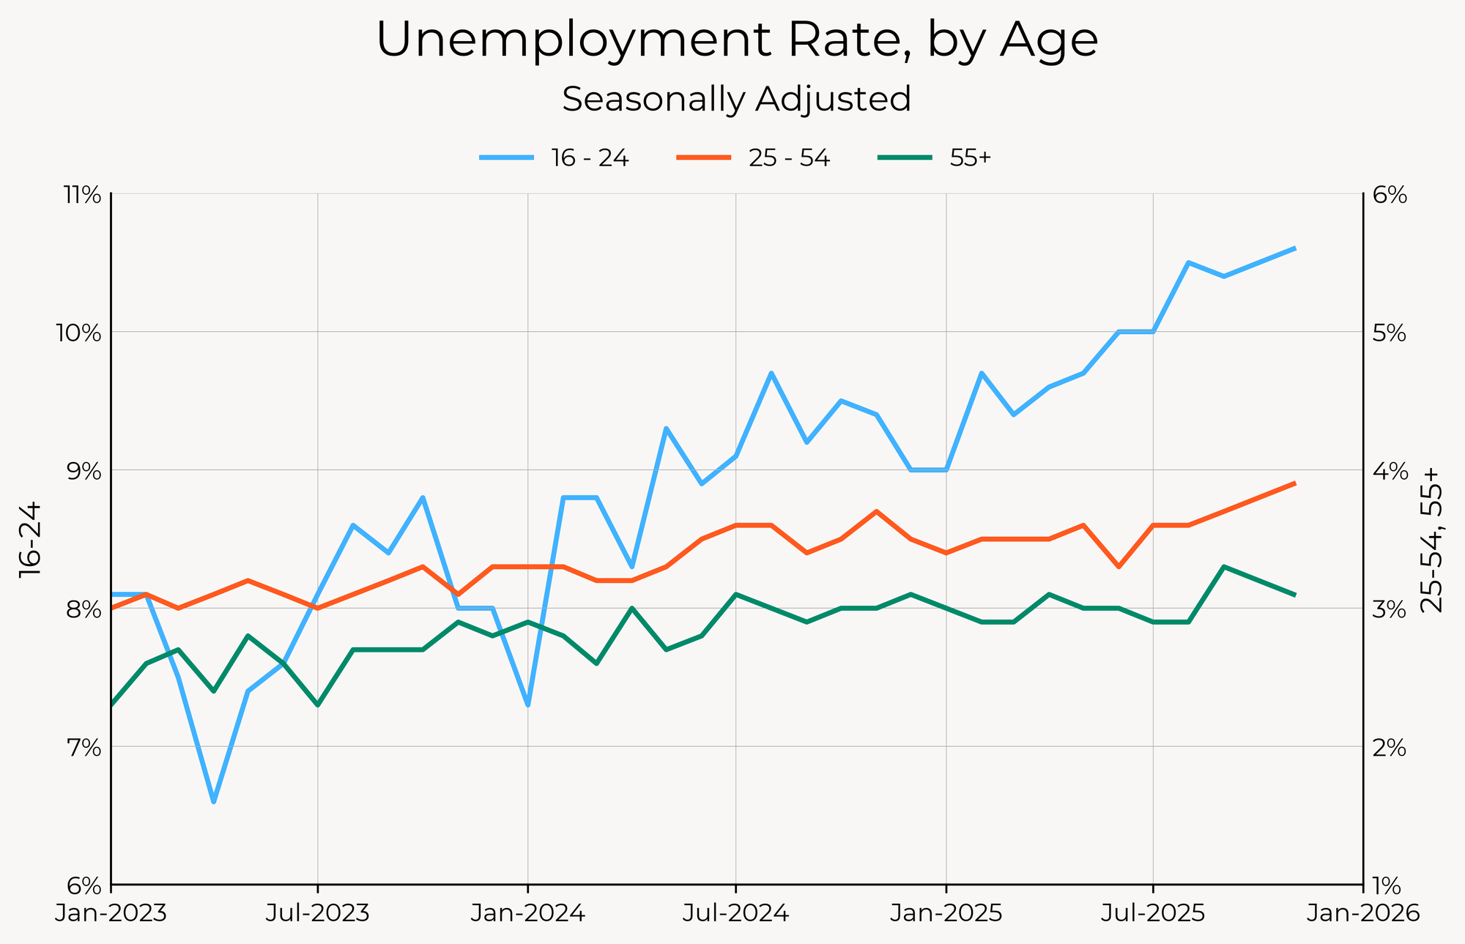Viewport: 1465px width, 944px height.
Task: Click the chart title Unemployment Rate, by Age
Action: [737, 40]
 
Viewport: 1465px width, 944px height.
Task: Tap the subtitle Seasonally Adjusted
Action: [737, 99]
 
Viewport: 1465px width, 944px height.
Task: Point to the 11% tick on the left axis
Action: [82, 195]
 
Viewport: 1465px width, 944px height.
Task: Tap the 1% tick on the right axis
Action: [1387, 885]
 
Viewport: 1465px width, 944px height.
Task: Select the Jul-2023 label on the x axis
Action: [318, 914]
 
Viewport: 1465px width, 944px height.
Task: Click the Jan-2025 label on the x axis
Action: [946, 914]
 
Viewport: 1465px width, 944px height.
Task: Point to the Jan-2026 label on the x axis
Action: [1362, 914]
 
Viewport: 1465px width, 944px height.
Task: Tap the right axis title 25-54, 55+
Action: [1431, 540]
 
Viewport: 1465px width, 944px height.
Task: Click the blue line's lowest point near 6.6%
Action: [213, 802]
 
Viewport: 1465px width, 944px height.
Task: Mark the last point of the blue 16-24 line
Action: [1295, 248]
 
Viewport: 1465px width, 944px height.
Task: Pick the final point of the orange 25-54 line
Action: [1295, 483]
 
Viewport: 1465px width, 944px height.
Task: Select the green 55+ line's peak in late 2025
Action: [1223, 566]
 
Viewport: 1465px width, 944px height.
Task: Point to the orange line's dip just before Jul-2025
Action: [1119, 567]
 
